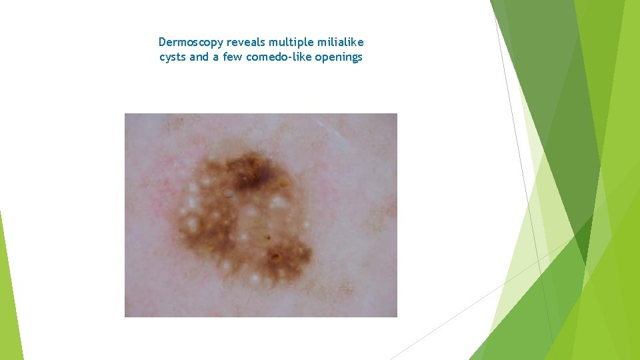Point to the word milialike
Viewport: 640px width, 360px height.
[340, 43]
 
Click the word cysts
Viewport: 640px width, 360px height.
[173, 57]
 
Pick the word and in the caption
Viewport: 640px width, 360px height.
[199, 57]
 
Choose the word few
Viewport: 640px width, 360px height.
[232, 57]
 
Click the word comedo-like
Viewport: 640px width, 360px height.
[276, 57]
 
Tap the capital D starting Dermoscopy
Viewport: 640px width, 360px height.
[163, 43]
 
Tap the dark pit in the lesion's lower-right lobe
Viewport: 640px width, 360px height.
[274, 256]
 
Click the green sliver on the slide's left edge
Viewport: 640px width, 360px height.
[10, 287]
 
